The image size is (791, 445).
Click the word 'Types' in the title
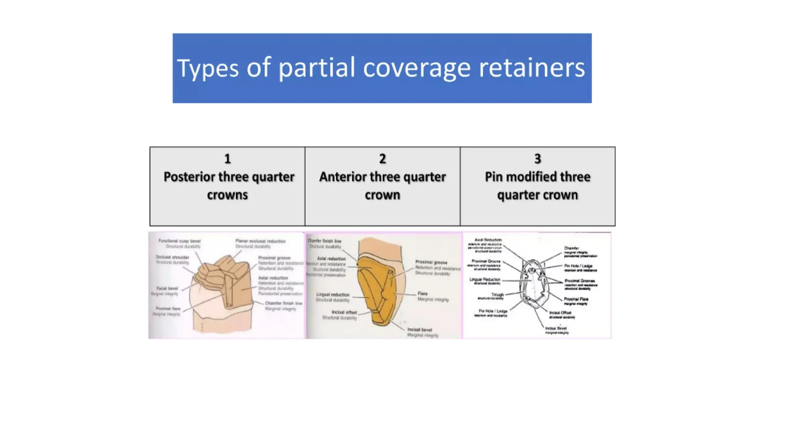click(x=208, y=68)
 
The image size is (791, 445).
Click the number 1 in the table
click(x=227, y=159)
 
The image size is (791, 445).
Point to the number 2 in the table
click(x=382, y=159)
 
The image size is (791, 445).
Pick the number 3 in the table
click(x=537, y=159)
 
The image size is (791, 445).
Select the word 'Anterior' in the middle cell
click(x=343, y=177)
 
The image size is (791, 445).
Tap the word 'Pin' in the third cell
click(x=494, y=177)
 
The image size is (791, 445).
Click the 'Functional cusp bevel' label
click(x=179, y=241)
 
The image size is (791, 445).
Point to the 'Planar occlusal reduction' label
click(x=260, y=241)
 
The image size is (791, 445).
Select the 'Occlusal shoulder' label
click(x=172, y=257)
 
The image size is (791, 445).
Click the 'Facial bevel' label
click(x=167, y=289)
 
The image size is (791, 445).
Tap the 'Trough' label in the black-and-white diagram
click(x=497, y=294)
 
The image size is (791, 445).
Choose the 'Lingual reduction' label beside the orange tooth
click(x=333, y=295)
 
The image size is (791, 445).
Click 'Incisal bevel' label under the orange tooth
click(x=419, y=330)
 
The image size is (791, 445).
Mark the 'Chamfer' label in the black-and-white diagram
click(x=571, y=248)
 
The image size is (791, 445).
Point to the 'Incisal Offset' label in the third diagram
click(x=560, y=313)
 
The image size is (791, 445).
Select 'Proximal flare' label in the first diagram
click(x=168, y=309)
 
